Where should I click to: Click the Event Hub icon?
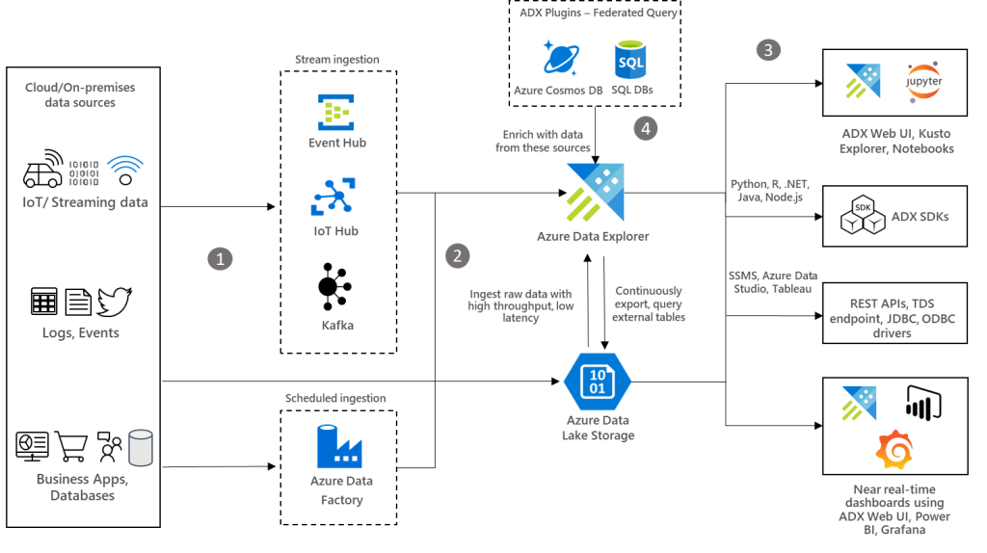(x=336, y=112)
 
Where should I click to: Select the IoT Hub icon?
(x=335, y=197)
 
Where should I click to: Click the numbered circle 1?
(x=222, y=258)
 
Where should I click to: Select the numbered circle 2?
(x=458, y=255)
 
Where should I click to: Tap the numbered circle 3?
(x=767, y=50)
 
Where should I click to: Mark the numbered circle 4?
(x=645, y=128)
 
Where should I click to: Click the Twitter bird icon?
(x=115, y=302)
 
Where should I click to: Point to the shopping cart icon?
(x=73, y=446)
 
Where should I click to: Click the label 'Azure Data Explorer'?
(x=593, y=237)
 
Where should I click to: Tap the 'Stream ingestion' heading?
(x=336, y=60)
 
